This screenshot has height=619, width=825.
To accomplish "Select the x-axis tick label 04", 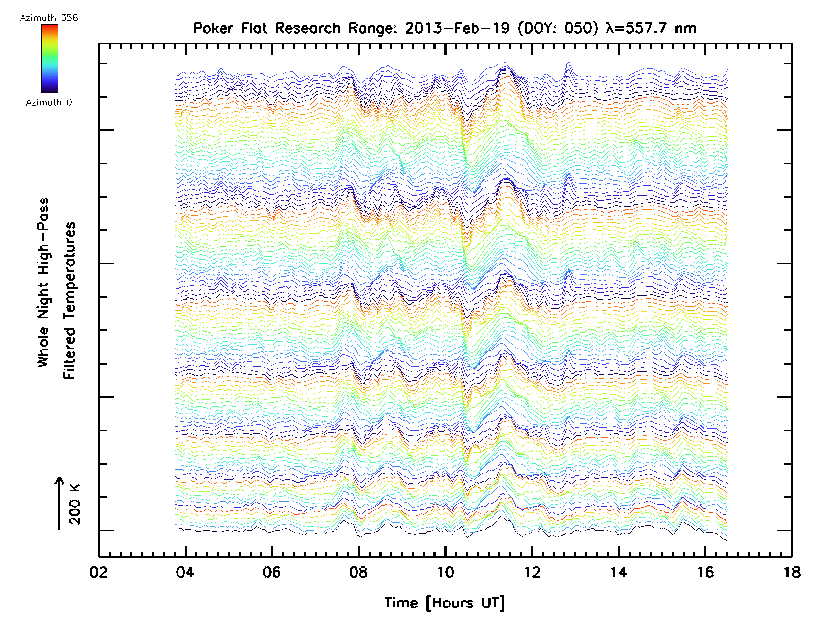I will pos(185,572).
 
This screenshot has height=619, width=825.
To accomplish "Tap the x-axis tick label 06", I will pos(272,572).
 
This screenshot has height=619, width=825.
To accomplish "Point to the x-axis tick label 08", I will pos(359,572).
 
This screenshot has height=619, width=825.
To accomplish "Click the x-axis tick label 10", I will pos(445,572).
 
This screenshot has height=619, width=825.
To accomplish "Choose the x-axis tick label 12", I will pos(532,572).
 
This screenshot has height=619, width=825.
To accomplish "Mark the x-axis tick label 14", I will pos(619,572).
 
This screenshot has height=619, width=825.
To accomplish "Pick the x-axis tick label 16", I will pos(705,572).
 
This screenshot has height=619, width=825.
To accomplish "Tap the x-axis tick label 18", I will pos(792,572).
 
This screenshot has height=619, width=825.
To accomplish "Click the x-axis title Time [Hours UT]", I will pos(445,603).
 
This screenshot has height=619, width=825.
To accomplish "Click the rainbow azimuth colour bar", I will pos(49,58).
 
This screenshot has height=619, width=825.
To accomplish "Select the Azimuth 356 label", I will pos(49,18).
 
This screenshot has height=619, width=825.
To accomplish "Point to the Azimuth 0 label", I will pos(49,102).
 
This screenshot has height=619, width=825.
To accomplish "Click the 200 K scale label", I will pos(75,504).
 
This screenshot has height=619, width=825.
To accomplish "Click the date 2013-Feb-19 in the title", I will pos(457,28).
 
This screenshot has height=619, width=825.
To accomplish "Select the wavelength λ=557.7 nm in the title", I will pos(651,28).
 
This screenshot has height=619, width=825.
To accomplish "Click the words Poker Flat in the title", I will pos(230,28).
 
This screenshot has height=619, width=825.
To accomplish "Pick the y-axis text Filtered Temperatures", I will pos(69,301).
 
